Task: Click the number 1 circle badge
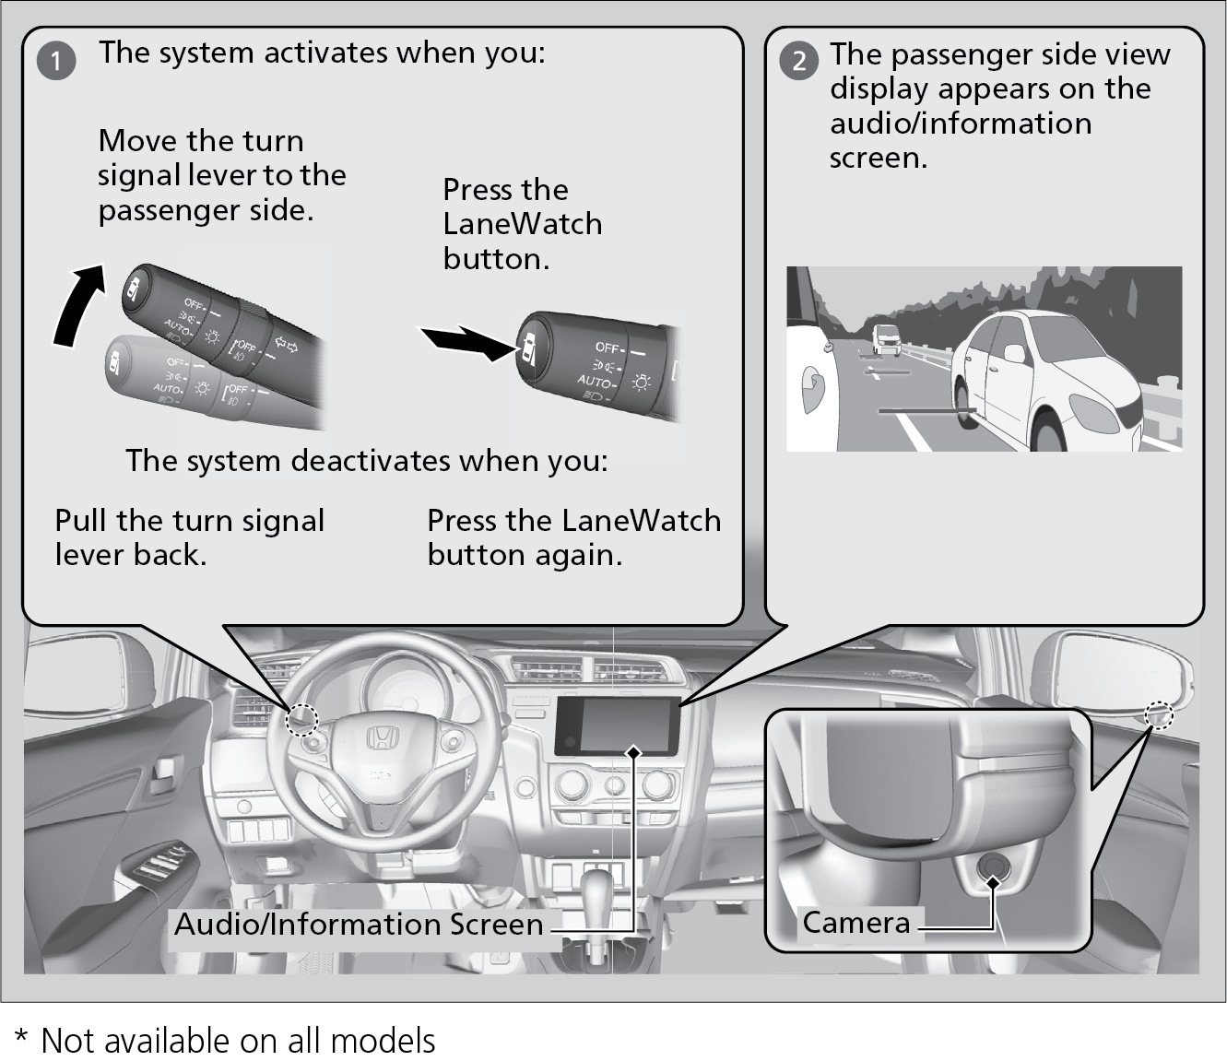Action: [56, 61]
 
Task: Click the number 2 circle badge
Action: [798, 61]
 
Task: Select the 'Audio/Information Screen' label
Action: [359, 924]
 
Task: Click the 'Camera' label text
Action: [855, 922]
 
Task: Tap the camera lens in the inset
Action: [992, 866]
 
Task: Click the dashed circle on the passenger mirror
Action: [1159, 714]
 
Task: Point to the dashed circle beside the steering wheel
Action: [301, 720]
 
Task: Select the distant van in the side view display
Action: [886, 338]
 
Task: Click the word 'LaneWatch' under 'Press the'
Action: [522, 224]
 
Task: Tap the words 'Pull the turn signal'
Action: [189, 521]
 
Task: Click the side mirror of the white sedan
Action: [1014, 353]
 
